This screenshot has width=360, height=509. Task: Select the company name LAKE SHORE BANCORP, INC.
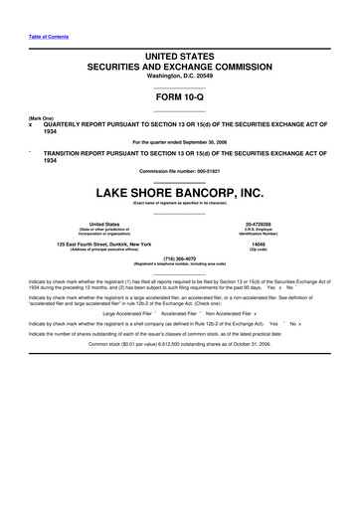180,190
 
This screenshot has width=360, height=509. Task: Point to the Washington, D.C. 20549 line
180,75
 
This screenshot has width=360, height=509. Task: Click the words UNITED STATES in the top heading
180,51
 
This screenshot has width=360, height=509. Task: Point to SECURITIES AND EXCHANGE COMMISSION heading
180,64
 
